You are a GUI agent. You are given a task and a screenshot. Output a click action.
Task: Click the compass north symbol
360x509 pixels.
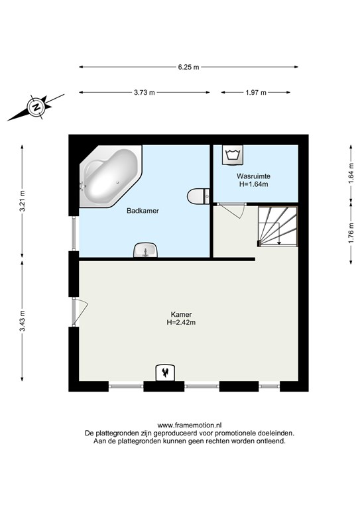pyautogui.click(x=36, y=107)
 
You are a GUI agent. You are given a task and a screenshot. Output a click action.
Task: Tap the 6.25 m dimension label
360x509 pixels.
pyautogui.click(x=188, y=67)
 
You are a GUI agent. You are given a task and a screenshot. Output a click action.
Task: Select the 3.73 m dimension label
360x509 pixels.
pyautogui.click(x=145, y=93)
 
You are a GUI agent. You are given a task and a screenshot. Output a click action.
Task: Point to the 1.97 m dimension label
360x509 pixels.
pyautogui.click(x=256, y=93)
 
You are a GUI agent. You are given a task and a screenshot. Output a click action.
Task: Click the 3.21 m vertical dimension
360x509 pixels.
pyautogui.click(x=22, y=201)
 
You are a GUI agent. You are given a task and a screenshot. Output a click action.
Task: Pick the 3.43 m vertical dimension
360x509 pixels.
pyautogui.click(x=22, y=321)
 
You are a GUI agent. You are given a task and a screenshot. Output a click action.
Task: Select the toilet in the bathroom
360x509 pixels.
pyautogui.click(x=198, y=196)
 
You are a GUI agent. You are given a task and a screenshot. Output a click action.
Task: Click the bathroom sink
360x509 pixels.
pyautogui.click(x=145, y=250)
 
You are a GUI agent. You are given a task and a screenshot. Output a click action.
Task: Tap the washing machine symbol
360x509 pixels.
pyautogui.click(x=233, y=154)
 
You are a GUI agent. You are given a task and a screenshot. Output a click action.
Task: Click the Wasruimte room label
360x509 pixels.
pyautogui.click(x=253, y=176)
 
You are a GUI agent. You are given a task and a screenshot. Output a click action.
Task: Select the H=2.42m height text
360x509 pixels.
pyautogui.click(x=181, y=323)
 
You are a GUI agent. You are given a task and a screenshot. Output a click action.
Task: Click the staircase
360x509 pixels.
pyautogui.click(x=278, y=226)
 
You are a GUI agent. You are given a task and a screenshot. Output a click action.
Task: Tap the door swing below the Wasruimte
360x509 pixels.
pyautogui.click(x=232, y=210)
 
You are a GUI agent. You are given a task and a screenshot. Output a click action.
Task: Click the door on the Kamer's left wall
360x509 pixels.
pyautogui.click(x=80, y=312)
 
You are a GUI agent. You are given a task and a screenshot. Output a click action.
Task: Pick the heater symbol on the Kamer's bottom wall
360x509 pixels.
pyautogui.click(x=166, y=372)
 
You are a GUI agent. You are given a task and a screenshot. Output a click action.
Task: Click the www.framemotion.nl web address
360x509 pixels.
pyautogui.click(x=190, y=425)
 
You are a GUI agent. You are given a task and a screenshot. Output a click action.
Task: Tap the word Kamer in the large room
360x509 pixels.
pyautogui.click(x=181, y=315)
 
